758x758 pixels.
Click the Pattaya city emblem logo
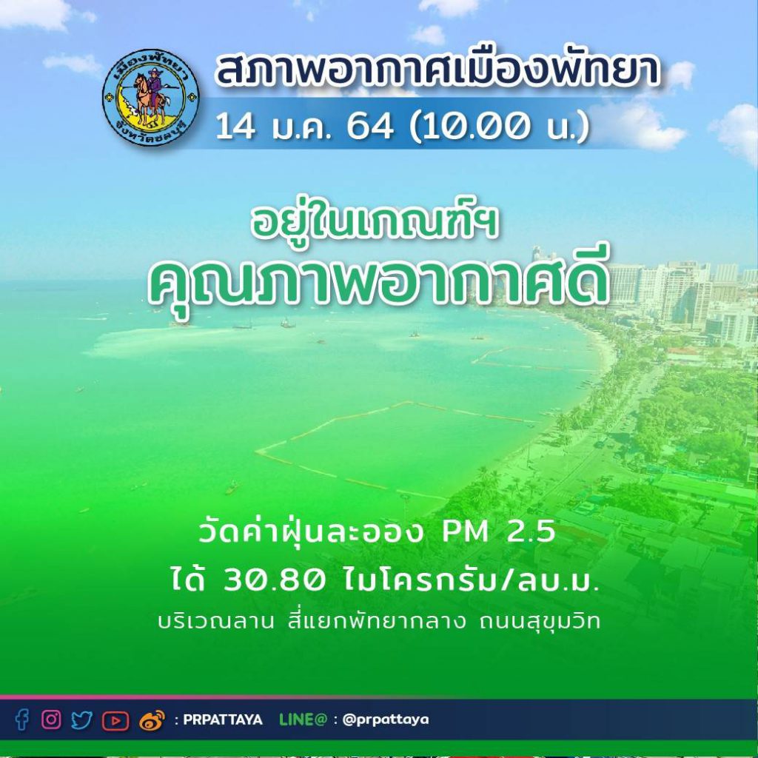(150, 97)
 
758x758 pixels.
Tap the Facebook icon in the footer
(21, 720)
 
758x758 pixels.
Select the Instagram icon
(51, 720)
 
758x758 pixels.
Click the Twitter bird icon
(81, 720)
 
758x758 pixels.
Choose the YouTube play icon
(115, 721)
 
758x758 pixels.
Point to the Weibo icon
(152, 720)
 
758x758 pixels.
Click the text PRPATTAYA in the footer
(223, 720)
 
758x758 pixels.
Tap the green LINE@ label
(303, 720)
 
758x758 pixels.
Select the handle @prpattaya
(385, 720)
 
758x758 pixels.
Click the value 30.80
(274, 580)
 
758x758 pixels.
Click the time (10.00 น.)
(500, 127)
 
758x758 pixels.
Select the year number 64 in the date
(370, 127)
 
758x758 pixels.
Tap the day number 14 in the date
(235, 127)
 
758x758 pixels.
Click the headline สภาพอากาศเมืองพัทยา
(437, 69)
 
